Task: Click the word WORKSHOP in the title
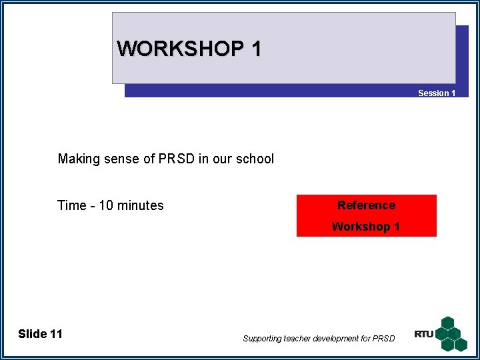click(179, 49)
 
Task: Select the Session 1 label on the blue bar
click(437, 93)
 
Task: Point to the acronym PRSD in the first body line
click(177, 159)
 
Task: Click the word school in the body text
click(254, 159)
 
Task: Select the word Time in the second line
click(71, 205)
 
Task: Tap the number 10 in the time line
click(107, 205)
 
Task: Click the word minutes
click(141, 205)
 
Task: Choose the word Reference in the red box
click(366, 205)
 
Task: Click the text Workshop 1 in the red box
click(366, 227)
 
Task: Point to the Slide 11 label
click(40, 334)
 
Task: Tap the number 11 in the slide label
click(56, 334)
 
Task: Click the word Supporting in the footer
click(263, 339)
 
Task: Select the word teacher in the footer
click(299, 339)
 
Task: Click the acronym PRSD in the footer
click(384, 339)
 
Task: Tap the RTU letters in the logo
click(423, 334)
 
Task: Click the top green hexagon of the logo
click(447, 323)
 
